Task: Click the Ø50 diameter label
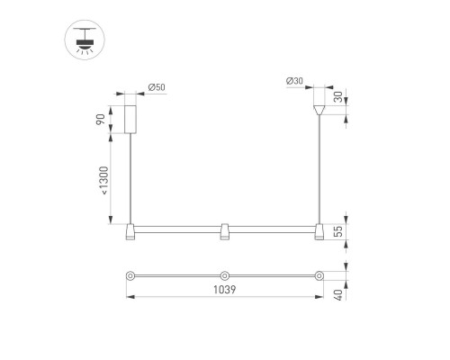coord(157,87)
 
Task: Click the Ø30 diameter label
coord(294,81)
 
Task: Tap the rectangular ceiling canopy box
coord(130,120)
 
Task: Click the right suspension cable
coord(319,171)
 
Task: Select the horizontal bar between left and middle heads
coord(177,226)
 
